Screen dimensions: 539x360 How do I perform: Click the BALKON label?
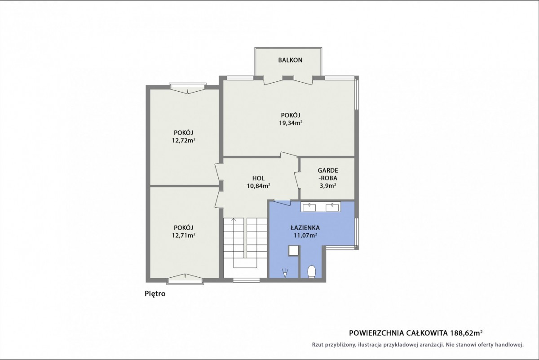(x=290, y=60)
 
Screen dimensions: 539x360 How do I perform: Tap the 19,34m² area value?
(x=291, y=123)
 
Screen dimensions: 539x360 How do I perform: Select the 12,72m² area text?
(x=183, y=140)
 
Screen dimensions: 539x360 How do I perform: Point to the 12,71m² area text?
(x=183, y=235)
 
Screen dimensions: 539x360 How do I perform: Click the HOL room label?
(x=258, y=178)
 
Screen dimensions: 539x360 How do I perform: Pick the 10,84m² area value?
(x=258, y=186)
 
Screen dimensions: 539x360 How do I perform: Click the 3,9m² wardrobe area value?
(x=328, y=186)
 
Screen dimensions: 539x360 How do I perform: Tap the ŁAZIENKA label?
(x=305, y=227)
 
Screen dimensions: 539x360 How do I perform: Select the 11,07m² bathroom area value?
(x=305, y=235)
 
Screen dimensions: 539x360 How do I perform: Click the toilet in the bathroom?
(x=312, y=271)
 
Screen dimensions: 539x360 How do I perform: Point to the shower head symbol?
(x=285, y=273)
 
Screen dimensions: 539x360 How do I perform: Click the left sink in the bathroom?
(x=309, y=207)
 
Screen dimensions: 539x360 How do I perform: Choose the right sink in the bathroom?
(x=332, y=207)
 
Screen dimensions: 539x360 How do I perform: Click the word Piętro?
(x=155, y=294)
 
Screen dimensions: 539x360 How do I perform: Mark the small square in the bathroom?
(x=294, y=251)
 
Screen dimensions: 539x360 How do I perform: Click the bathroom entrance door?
(x=282, y=203)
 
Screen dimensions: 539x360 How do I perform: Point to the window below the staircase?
(x=246, y=280)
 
